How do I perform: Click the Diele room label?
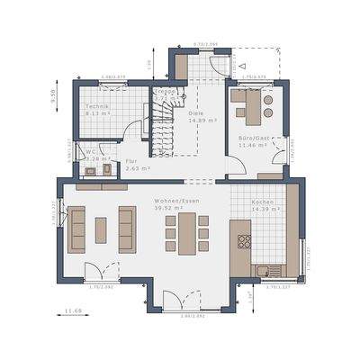pos(199,112)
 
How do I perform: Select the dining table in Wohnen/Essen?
pos(184,231)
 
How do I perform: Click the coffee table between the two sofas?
pos(101,230)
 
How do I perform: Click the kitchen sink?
pos(262,269)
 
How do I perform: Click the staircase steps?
pos(162,126)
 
